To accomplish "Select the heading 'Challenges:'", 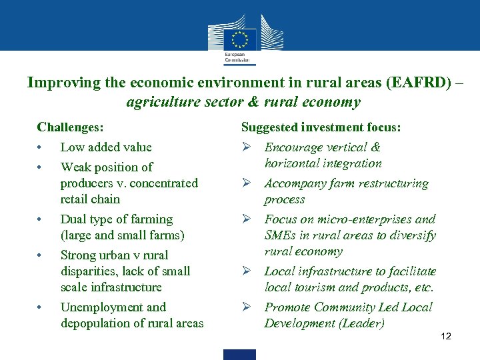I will tap(70, 127).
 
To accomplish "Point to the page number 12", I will tap(445, 336).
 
